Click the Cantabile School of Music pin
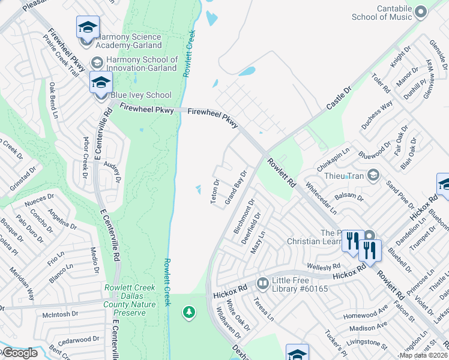(x=421, y=11)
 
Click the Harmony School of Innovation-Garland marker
(x=97, y=62)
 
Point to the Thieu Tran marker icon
(x=373, y=175)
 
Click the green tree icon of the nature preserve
(x=189, y=312)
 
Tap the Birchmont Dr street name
(x=244, y=216)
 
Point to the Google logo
(x=20, y=353)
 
